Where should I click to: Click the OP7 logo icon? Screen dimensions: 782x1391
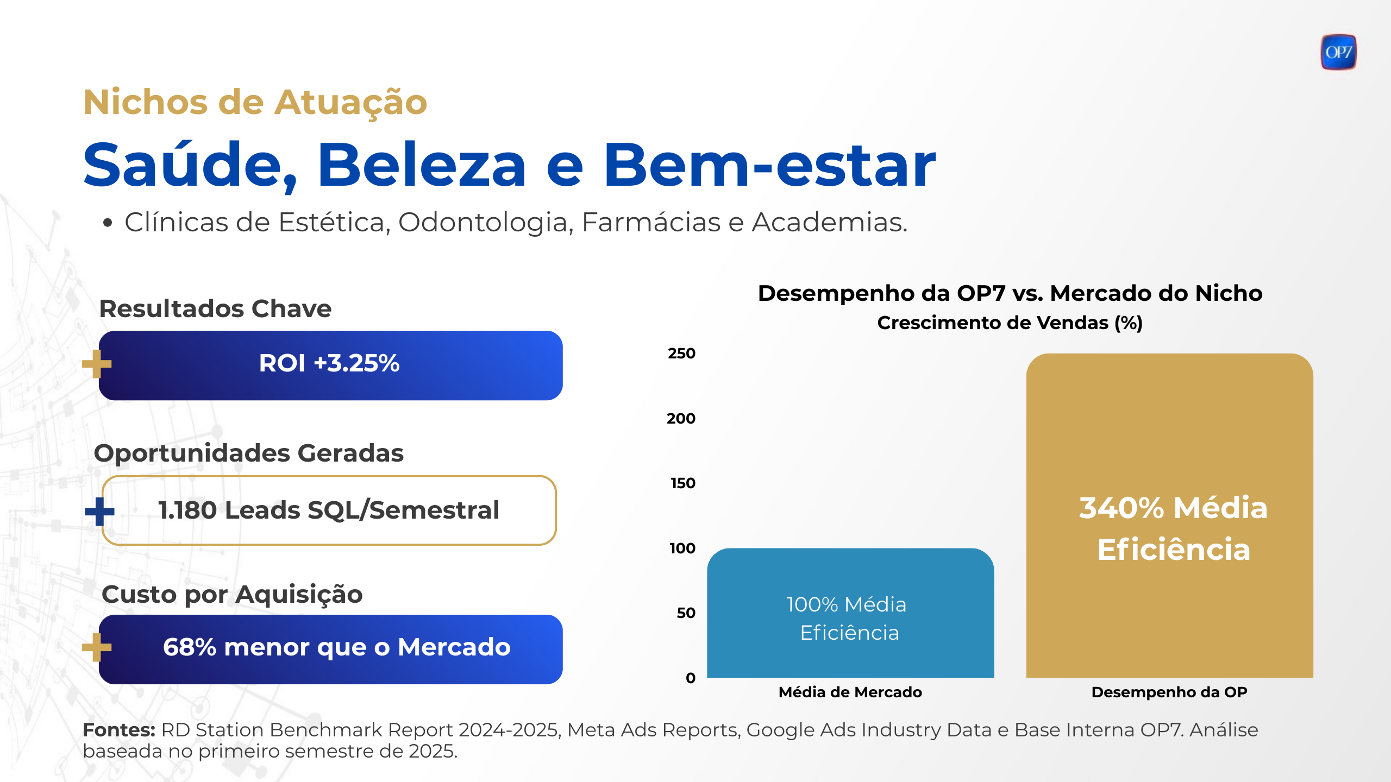(x=1338, y=52)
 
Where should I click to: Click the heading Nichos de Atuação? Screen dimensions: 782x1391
(x=255, y=102)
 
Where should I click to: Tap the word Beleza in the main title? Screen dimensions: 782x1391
(x=422, y=165)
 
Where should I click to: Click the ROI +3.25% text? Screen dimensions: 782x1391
(x=329, y=363)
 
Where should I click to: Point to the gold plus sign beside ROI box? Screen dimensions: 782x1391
(x=97, y=364)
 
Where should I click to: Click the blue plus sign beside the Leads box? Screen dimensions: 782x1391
(x=99, y=512)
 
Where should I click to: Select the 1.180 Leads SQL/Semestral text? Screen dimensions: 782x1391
(x=329, y=510)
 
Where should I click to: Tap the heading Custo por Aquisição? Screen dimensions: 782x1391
(x=232, y=594)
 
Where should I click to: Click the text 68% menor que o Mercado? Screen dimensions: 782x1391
(x=337, y=647)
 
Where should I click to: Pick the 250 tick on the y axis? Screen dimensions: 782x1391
(x=681, y=354)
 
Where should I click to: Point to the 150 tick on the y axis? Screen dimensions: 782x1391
(x=682, y=483)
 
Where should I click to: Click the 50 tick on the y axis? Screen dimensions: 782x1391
(x=686, y=613)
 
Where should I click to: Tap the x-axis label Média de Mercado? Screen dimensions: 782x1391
(x=850, y=692)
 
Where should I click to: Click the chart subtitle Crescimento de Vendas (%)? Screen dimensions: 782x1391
(x=1010, y=323)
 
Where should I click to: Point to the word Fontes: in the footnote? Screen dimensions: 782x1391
(x=119, y=730)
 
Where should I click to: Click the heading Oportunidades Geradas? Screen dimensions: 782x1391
(x=249, y=453)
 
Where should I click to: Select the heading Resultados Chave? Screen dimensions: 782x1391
(x=215, y=309)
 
